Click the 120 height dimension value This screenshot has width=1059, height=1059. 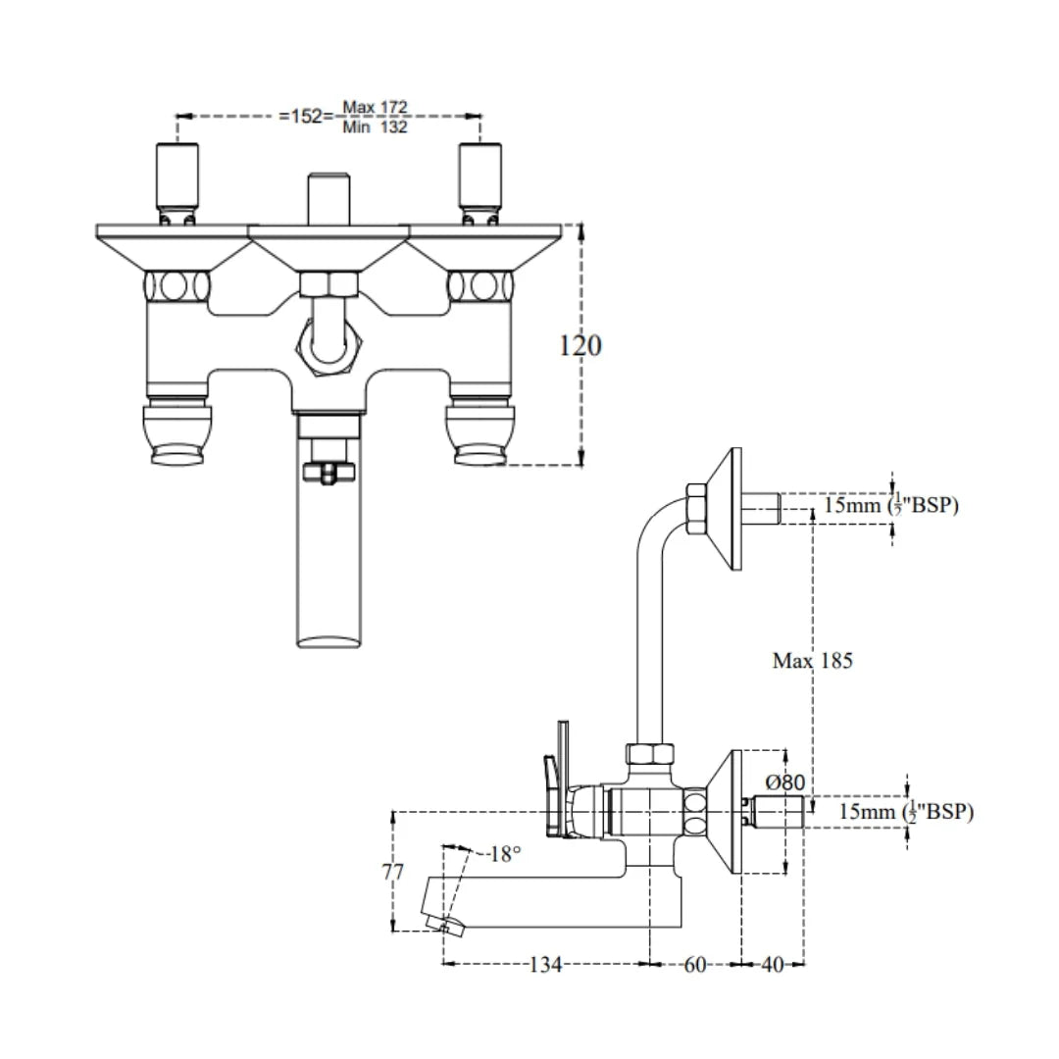point(580,345)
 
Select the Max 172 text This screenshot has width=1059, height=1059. point(375,106)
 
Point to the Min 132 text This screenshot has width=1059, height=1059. point(375,126)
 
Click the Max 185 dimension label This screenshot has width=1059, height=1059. point(812,661)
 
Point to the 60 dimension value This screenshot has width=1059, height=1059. point(694,965)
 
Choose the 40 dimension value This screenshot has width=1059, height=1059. point(772,965)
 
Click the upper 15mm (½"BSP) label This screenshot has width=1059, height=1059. point(890,506)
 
